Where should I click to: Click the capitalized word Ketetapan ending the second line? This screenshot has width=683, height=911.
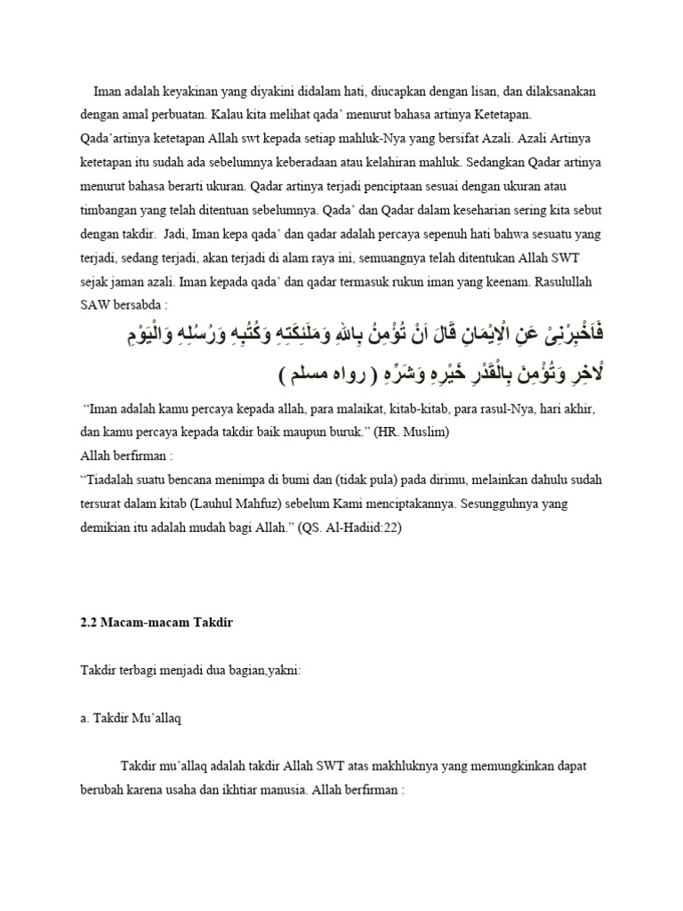click(524, 116)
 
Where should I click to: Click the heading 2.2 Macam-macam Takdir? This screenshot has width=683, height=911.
click(157, 622)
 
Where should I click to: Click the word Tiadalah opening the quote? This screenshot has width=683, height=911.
click(112, 480)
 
